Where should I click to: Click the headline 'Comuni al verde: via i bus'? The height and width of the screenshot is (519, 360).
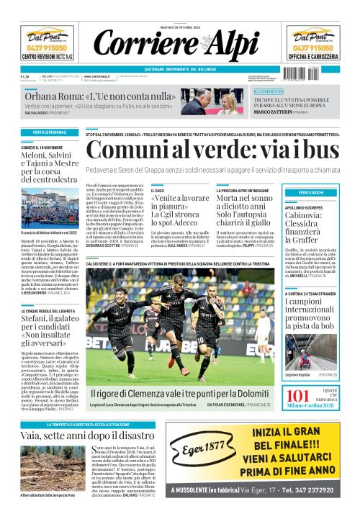tap(220, 150)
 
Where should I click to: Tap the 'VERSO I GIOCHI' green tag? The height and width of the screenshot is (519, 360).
tap(315, 194)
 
